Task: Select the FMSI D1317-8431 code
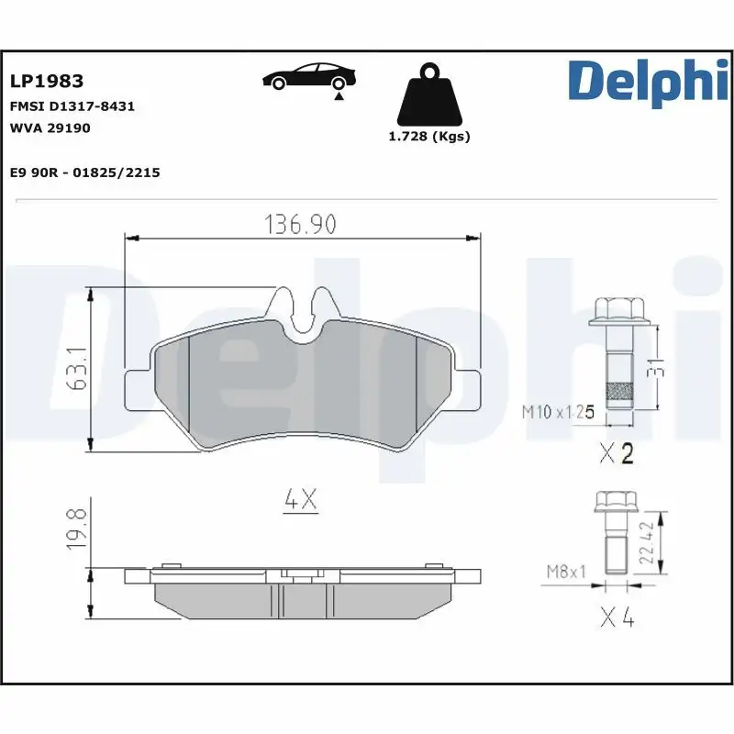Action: tap(72, 106)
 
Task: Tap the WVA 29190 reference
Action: tap(50, 128)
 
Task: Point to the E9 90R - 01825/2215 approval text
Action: tap(84, 172)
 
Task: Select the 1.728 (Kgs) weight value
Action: tap(428, 137)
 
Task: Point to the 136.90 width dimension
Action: tap(300, 223)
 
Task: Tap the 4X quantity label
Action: tap(299, 500)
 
